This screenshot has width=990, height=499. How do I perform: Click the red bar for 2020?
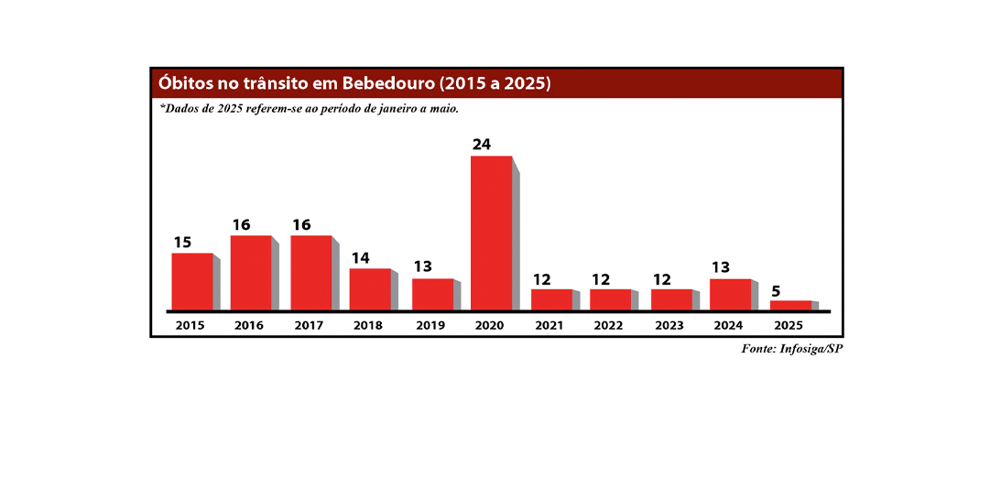pyautogui.click(x=492, y=233)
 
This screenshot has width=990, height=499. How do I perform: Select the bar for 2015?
pyautogui.click(x=192, y=281)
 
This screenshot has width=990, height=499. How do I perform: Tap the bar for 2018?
pyautogui.click(x=370, y=288)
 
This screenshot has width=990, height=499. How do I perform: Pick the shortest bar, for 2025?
pyautogui.click(x=790, y=305)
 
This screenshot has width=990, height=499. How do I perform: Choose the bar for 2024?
pyautogui.click(x=731, y=294)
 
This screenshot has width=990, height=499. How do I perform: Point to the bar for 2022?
pyautogui.click(x=611, y=299)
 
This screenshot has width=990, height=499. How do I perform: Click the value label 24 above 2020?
pyautogui.click(x=482, y=145)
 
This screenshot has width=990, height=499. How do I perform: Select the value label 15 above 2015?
pyautogui.click(x=183, y=243)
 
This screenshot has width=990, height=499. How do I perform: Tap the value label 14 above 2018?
pyautogui.click(x=361, y=258)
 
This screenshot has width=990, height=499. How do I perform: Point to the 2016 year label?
pyautogui.click(x=249, y=325)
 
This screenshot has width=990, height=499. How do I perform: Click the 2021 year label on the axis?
pyautogui.click(x=550, y=325)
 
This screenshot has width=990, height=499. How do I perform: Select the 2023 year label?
pyautogui.click(x=669, y=325)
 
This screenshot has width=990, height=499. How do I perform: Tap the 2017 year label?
pyautogui.click(x=310, y=325)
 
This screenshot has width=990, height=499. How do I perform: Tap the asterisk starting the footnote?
pyautogui.click(x=163, y=106)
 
